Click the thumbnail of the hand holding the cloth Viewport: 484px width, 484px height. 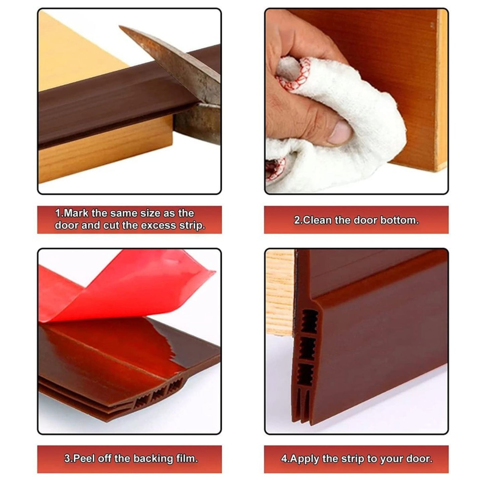(x=356, y=101)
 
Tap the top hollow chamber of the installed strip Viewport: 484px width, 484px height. (x=308, y=322)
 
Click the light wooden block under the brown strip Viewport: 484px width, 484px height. (x=106, y=151)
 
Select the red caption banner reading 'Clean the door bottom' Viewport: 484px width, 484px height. (x=356, y=220)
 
